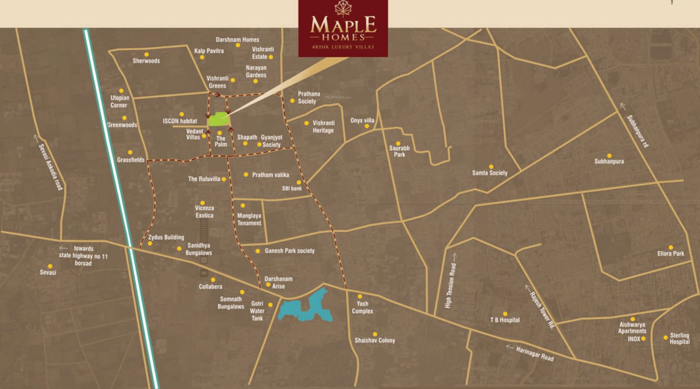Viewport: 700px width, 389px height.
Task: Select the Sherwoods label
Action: pos(146,61)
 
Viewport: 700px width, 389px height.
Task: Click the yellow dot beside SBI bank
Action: pos(299,182)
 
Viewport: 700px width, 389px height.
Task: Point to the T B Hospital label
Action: pos(505,320)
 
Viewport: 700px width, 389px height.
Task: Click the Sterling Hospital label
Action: pos(680,339)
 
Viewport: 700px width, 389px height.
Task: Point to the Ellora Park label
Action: pos(671,254)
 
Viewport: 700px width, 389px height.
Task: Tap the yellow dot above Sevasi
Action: pos(50,266)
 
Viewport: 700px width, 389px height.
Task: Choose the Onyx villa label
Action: pos(363,120)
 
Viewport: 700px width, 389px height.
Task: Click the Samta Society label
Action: pos(490,173)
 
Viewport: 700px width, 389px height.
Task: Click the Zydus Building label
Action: pos(166,237)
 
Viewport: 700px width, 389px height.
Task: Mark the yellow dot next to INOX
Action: pos(643,339)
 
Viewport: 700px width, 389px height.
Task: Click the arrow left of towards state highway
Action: pos(63,248)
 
